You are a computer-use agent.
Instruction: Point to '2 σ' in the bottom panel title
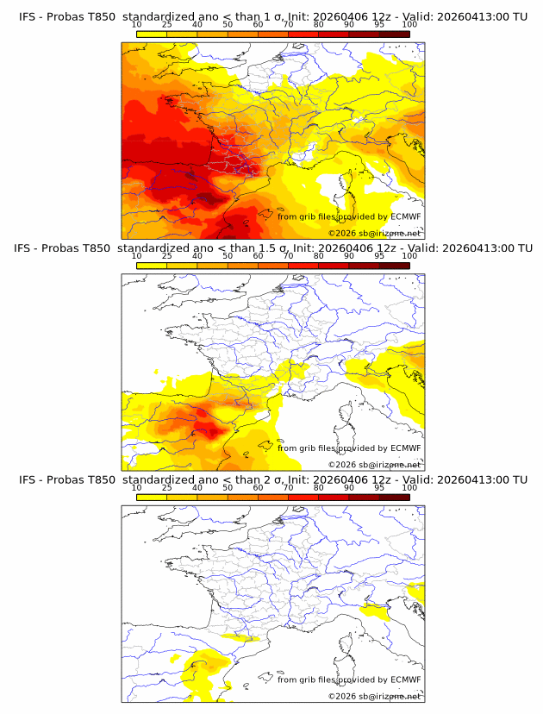pos(271,480)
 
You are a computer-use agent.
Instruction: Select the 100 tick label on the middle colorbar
pos(409,256)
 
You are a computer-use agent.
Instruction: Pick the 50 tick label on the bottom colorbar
pos(228,487)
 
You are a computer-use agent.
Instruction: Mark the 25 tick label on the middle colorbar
pos(166,256)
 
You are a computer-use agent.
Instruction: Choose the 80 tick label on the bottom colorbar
pos(318,487)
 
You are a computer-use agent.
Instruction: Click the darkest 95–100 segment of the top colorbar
pos(394,34)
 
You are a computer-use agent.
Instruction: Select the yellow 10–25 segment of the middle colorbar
pos(152,266)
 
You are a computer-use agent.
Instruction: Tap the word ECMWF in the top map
pos(405,216)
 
